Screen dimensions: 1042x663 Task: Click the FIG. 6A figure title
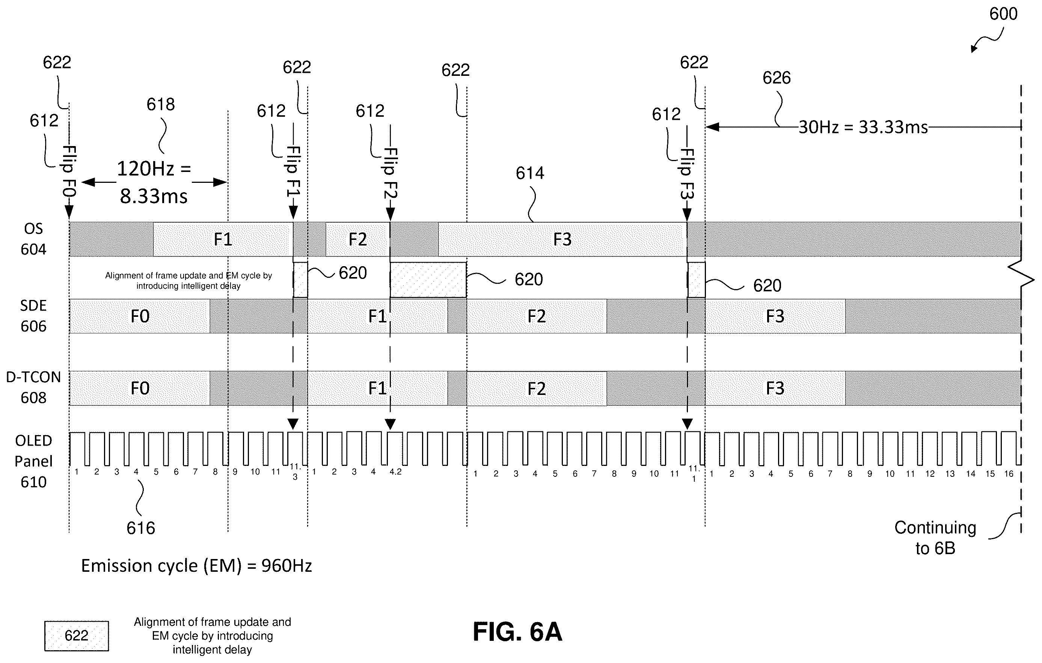[517, 631]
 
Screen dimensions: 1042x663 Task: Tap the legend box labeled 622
[77, 636]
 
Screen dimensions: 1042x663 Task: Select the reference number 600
[1003, 14]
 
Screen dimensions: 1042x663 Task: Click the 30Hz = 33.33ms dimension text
[863, 127]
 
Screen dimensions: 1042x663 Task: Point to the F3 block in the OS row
[562, 239]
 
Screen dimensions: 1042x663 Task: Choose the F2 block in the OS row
[357, 239]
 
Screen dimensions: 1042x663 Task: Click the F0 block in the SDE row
[140, 316]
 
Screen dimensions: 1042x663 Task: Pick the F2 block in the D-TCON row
[537, 389]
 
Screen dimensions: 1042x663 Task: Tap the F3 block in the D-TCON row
[775, 389]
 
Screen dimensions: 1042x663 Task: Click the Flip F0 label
[69, 171]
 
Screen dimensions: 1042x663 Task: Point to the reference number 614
[530, 173]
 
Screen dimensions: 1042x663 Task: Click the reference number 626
[776, 78]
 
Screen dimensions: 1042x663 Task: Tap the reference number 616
[141, 528]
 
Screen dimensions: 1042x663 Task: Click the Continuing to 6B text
[935, 538]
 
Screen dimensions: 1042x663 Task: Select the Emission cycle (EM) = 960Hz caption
[196, 566]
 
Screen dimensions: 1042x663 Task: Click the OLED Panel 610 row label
[33, 461]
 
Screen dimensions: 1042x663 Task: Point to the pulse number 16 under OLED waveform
[1009, 474]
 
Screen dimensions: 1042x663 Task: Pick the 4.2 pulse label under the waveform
[395, 472]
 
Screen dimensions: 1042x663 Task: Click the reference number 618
[161, 104]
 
